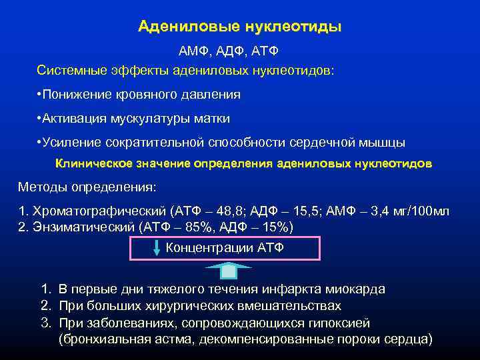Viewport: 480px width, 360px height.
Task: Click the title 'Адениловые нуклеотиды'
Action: tap(239, 27)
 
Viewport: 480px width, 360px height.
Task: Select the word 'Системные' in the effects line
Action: tap(69, 69)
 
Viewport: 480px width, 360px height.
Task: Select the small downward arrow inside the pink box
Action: tap(156, 249)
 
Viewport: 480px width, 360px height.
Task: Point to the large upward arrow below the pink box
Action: tap(227, 271)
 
